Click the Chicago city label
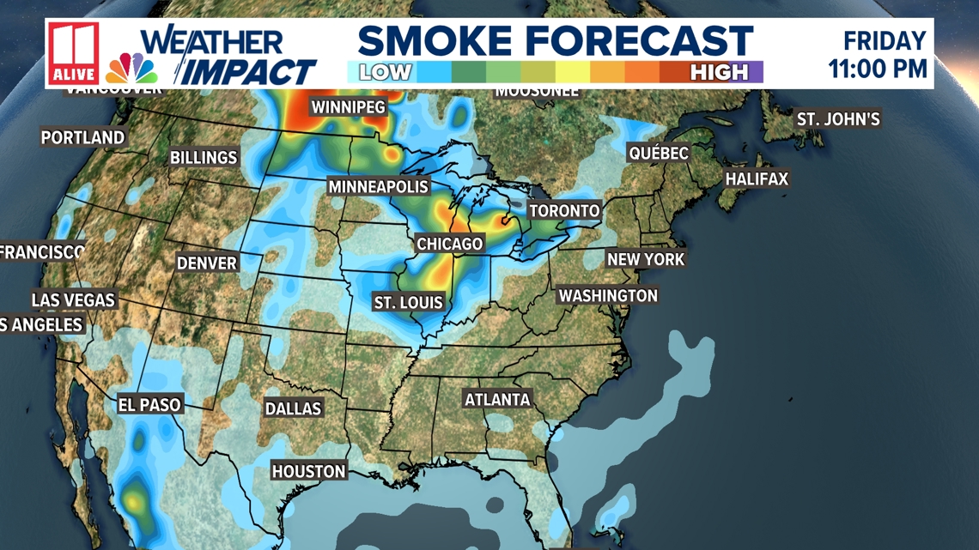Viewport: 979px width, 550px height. click(x=449, y=245)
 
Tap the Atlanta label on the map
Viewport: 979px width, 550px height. click(x=497, y=400)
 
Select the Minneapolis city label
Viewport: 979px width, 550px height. click(x=378, y=187)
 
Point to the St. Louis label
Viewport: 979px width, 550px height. click(x=408, y=302)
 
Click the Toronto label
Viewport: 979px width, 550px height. click(x=564, y=210)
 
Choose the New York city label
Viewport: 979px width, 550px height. click(x=646, y=259)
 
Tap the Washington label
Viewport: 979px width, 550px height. click(x=608, y=296)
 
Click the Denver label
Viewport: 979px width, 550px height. click(x=207, y=263)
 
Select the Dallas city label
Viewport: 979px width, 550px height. click(x=293, y=409)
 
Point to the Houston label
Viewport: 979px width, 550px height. click(x=308, y=471)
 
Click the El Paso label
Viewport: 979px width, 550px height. click(x=149, y=404)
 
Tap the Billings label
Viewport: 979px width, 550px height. click(x=204, y=158)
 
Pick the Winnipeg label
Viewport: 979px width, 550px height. click(x=348, y=107)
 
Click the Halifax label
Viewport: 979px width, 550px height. click(x=757, y=179)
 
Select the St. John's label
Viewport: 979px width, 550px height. click(x=838, y=119)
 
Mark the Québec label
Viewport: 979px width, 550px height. click(x=659, y=154)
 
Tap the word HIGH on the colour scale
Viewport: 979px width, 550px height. click(x=718, y=72)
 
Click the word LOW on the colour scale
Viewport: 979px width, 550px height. click(x=385, y=72)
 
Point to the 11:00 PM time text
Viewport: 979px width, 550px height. click(x=878, y=68)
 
